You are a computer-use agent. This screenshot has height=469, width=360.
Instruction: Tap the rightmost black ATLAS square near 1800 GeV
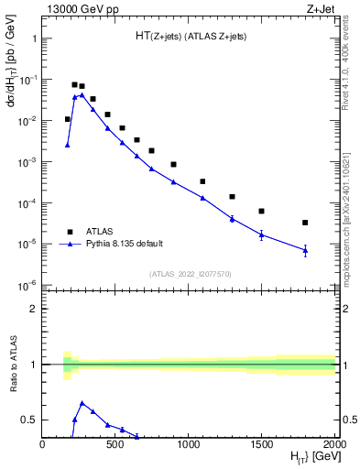[305, 223]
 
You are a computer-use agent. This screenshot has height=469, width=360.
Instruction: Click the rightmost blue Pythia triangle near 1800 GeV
[305, 250]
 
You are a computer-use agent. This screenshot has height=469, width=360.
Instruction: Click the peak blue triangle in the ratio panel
[82, 402]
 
